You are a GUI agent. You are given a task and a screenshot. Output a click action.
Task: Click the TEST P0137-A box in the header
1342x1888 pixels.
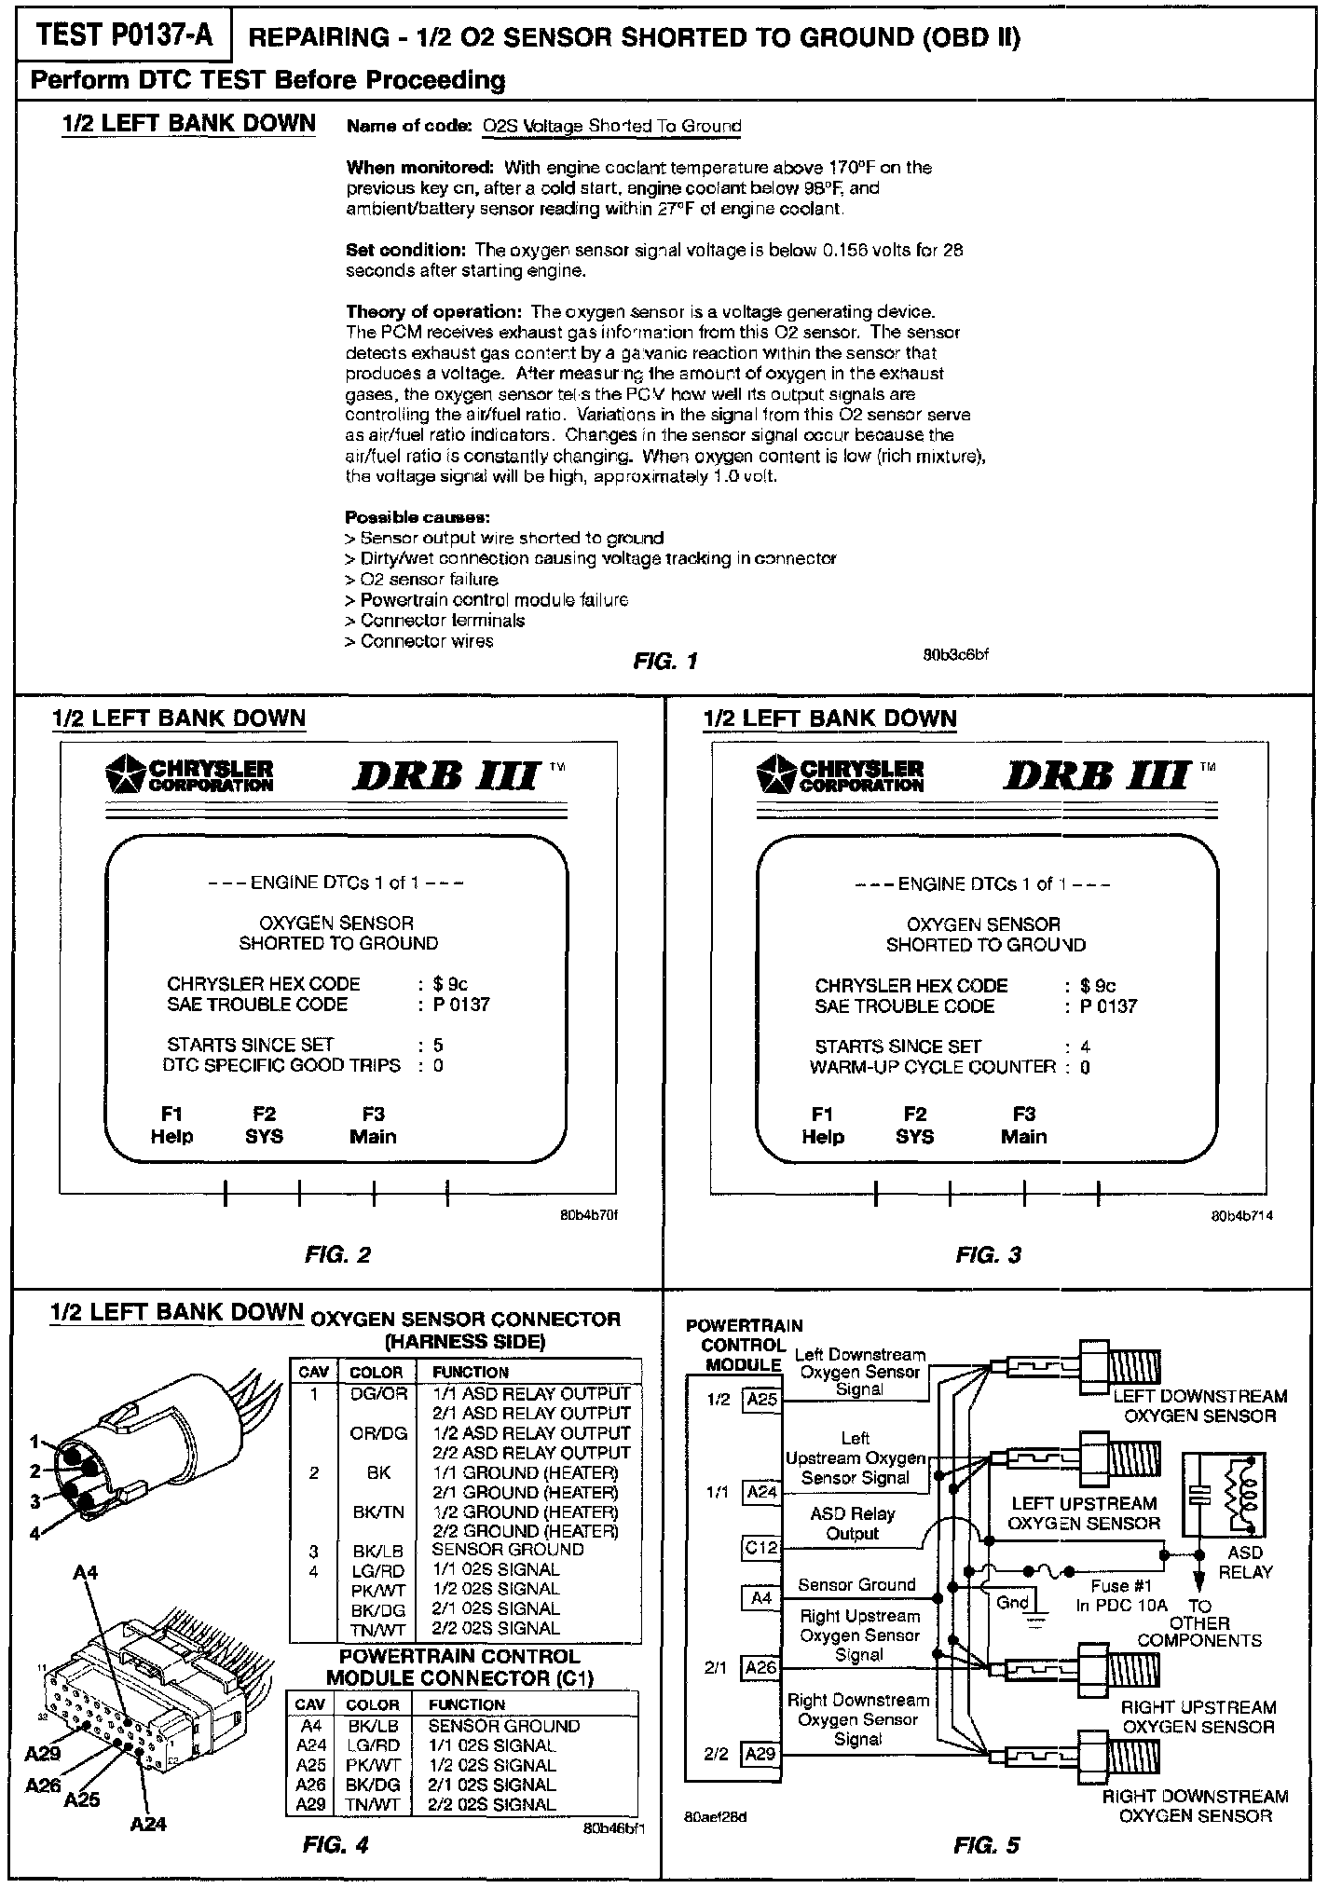click(124, 36)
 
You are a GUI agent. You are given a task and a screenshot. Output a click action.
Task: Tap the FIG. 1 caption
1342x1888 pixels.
click(665, 662)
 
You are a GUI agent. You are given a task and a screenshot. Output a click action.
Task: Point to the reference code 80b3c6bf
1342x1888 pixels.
click(955, 654)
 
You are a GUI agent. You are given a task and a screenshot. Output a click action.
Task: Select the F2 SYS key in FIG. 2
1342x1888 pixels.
click(264, 1125)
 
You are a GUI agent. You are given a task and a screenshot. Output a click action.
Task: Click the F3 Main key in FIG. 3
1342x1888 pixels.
click(1023, 1125)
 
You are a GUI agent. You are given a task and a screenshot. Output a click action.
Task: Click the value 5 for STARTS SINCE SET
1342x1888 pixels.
click(438, 1046)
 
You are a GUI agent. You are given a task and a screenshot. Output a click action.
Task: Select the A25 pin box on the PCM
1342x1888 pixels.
click(761, 1400)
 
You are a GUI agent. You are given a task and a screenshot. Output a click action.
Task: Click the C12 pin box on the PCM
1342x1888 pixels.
click(761, 1548)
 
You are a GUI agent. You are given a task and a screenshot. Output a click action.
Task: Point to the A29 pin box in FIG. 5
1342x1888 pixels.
click(761, 1754)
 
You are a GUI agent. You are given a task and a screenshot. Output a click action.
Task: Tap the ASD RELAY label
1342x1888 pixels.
click(1245, 1562)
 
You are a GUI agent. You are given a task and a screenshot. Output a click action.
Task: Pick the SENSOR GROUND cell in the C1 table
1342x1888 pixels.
click(503, 1726)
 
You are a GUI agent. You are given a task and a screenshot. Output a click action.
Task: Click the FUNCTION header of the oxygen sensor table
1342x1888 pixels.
click(470, 1372)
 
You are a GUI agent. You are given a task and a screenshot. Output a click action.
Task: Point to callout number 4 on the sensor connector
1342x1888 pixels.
click(35, 1533)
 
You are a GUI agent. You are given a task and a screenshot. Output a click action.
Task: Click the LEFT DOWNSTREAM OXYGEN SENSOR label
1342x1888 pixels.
click(1199, 1406)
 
